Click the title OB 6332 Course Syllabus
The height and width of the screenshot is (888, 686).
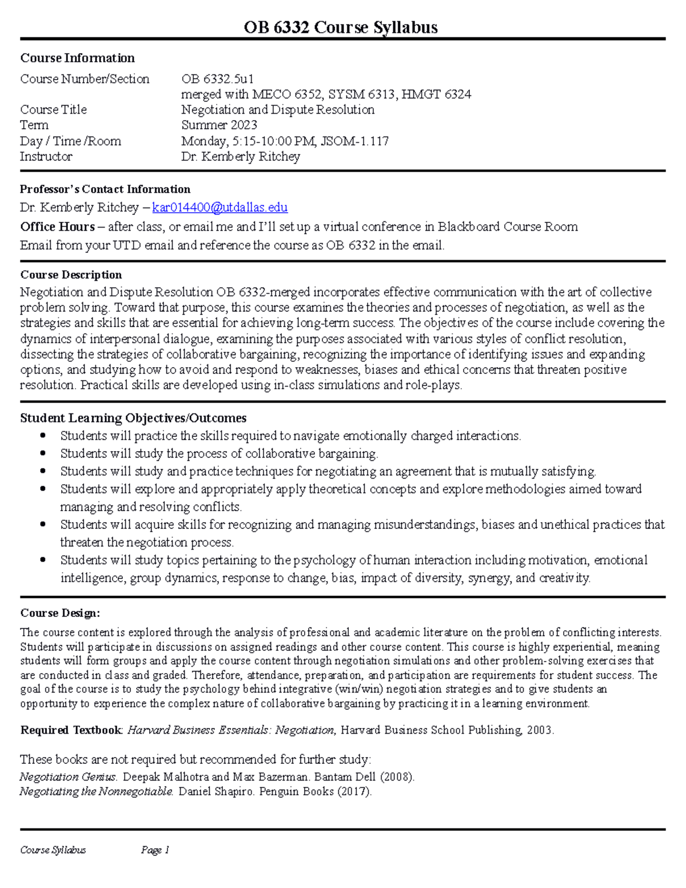(x=341, y=27)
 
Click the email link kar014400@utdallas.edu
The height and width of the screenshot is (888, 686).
(x=220, y=208)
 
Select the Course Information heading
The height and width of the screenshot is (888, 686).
(x=77, y=58)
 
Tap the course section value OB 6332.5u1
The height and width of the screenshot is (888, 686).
(x=217, y=79)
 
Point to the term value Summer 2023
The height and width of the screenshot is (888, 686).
(x=219, y=125)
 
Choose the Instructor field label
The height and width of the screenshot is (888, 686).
(x=46, y=157)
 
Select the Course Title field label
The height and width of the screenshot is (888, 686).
(x=53, y=110)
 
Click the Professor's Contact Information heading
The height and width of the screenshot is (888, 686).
(x=105, y=189)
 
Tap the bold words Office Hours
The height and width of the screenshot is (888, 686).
(x=57, y=227)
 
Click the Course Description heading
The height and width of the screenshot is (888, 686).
(x=71, y=275)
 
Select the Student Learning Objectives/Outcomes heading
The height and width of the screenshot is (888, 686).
(x=133, y=418)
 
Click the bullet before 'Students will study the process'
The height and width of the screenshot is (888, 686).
(x=43, y=453)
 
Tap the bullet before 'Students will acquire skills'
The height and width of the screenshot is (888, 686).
(x=43, y=524)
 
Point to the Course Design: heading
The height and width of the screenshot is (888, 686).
(x=60, y=613)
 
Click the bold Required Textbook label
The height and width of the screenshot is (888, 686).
(x=71, y=730)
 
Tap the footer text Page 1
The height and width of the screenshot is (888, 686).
(x=155, y=850)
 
